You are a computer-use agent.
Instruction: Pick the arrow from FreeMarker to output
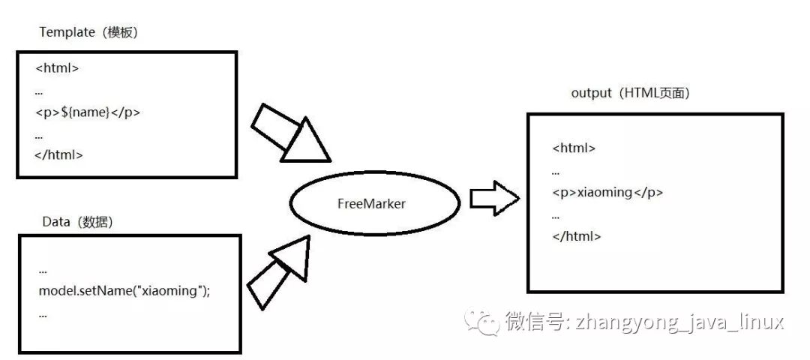(x=494, y=198)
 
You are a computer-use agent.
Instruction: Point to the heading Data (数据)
(x=79, y=223)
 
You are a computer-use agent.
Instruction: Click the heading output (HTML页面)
(x=630, y=94)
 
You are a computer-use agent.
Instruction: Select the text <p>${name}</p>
(x=88, y=112)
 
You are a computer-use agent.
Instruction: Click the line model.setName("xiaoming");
(x=124, y=291)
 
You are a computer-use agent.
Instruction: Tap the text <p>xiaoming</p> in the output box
(x=607, y=192)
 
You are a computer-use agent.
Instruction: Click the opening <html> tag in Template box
(x=57, y=68)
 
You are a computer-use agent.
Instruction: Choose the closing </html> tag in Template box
(x=59, y=155)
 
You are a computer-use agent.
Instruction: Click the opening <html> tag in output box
(x=574, y=148)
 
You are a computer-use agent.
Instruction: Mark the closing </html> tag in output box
(x=576, y=235)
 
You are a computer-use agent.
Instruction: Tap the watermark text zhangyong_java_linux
(x=679, y=322)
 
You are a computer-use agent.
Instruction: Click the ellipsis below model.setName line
(x=42, y=314)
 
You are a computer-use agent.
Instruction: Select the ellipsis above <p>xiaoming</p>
(x=555, y=172)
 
